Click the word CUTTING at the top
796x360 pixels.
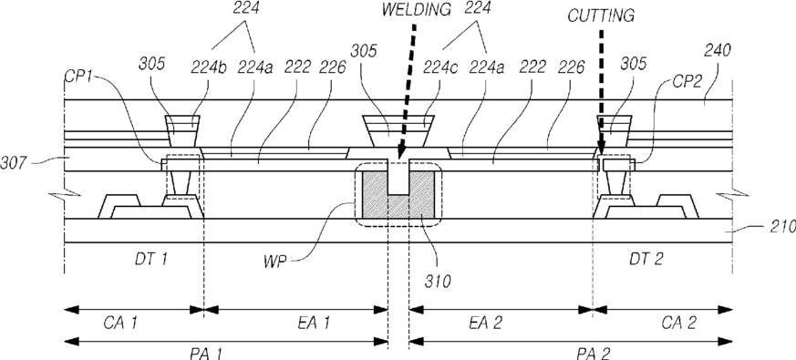coord(601,15)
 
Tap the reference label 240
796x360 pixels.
coord(718,51)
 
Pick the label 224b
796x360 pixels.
coord(209,67)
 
